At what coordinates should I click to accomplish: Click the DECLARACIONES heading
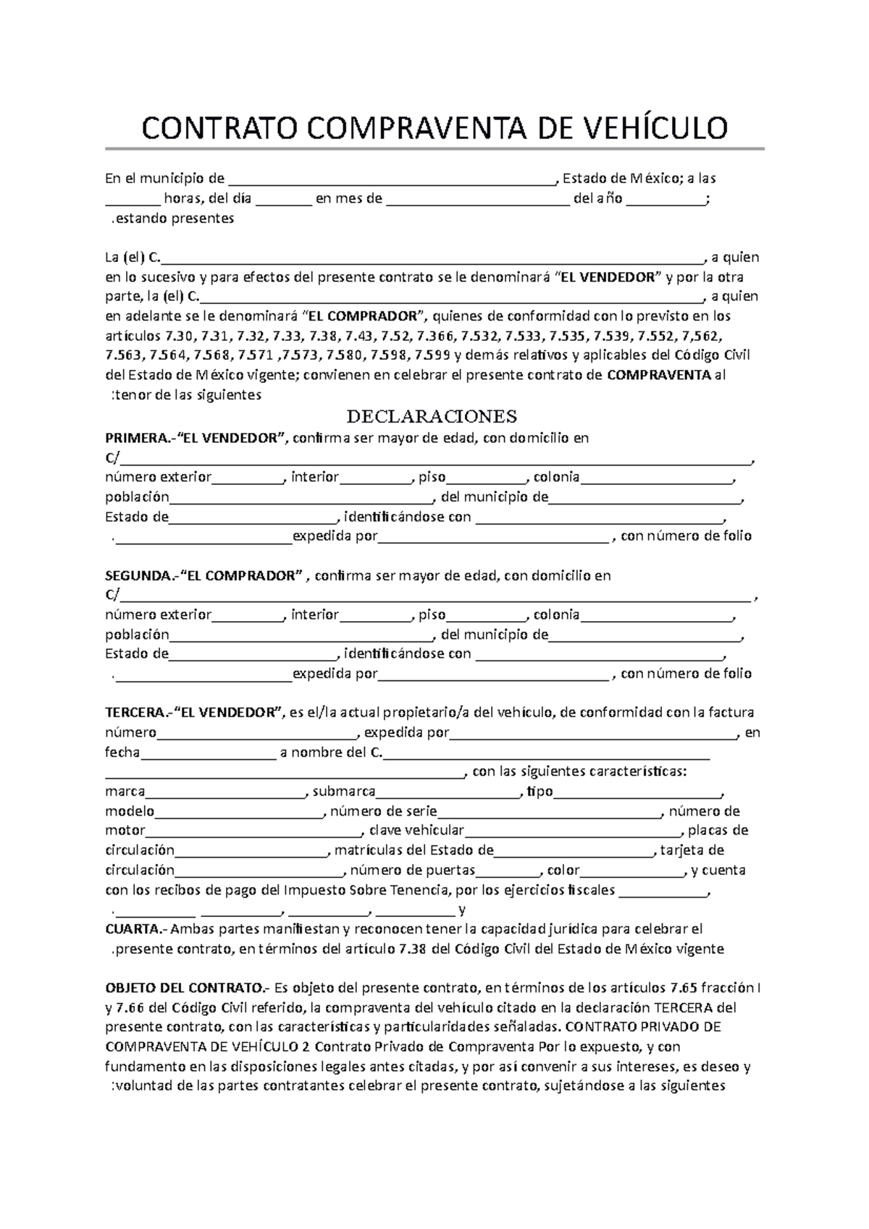[432, 416]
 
